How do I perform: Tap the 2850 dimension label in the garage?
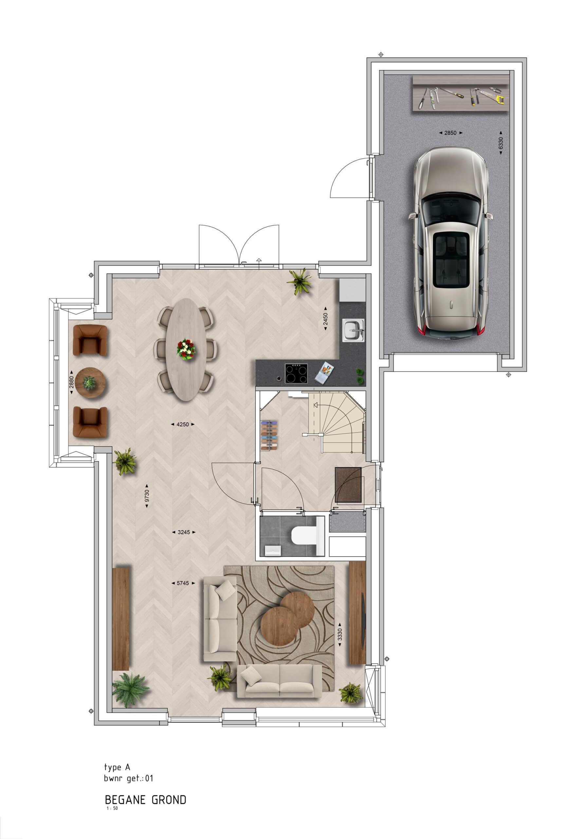pos(450,133)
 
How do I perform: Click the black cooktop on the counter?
pos(297,373)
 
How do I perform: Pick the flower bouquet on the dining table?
pos(186,348)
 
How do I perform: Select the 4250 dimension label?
pos(183,424)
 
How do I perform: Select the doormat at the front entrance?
pos(348,485)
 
